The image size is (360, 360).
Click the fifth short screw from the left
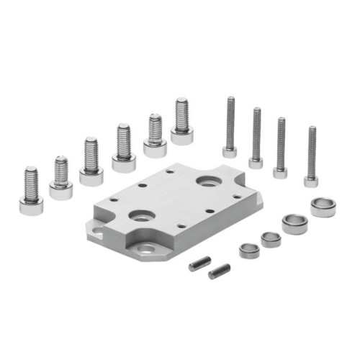[x=155, y=137]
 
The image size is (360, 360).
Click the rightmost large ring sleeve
[x=323, y=207]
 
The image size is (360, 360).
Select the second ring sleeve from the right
[x=294, y=223]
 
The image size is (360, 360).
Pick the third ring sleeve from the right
[x=271, y=239]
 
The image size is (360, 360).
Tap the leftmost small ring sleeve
[x=249, y=250]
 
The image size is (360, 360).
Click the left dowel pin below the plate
[x=199, y=264]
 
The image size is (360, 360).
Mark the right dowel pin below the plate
[x=219, y=271]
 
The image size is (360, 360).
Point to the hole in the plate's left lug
[x=97, y=231]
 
